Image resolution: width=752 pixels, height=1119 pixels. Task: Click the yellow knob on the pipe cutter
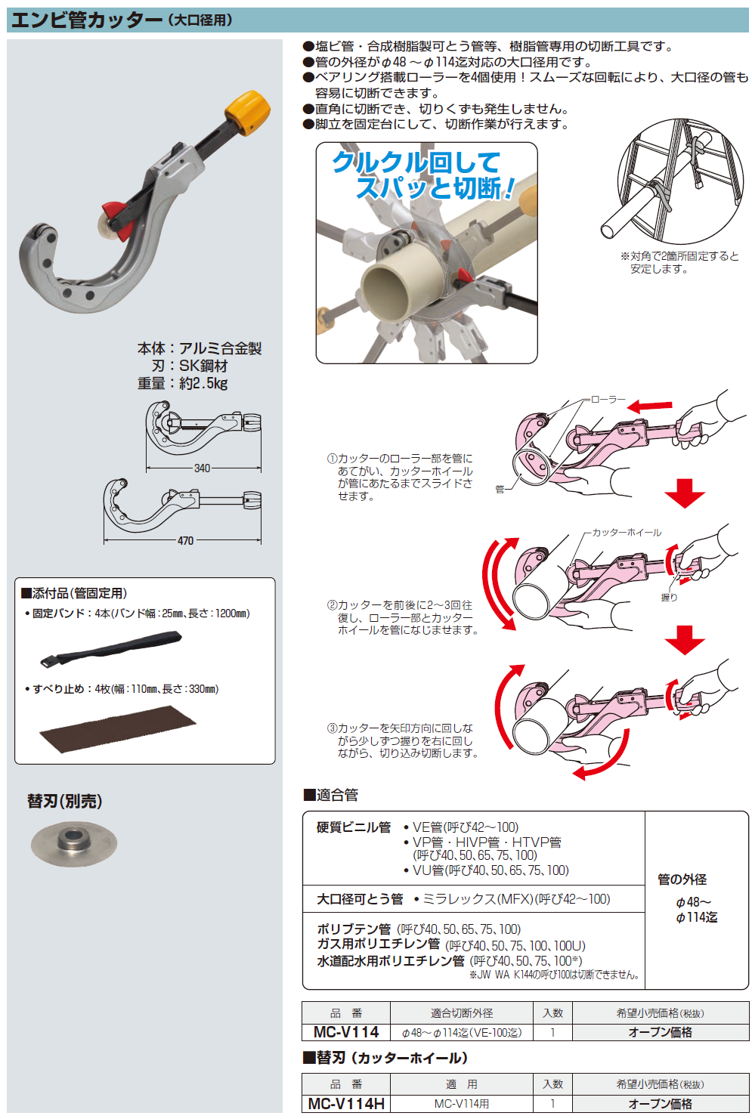point(247,112)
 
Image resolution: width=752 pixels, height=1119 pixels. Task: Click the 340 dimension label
point(202,468)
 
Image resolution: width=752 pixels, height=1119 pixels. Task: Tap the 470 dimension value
point(185,540)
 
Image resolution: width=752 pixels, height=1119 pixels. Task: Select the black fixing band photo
point(111,648)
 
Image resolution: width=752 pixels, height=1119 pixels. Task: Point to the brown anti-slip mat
point(118,729)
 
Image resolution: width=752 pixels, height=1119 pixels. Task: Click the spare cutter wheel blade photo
point(74,843)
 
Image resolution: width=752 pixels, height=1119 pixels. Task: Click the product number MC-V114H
point(346,1103)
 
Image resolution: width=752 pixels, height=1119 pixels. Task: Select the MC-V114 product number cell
point(346,1032)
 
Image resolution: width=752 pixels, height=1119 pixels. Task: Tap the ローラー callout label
point(608,399)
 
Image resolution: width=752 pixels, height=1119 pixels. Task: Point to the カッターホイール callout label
point(627,533)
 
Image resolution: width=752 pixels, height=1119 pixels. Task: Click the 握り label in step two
point(669,597)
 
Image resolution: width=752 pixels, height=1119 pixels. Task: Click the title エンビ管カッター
point(86,20)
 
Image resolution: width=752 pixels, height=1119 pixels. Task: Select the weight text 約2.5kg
point(203,383)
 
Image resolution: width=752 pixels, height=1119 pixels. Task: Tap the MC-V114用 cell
point(462,1103)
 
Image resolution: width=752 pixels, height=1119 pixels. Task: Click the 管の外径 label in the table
point(682,879)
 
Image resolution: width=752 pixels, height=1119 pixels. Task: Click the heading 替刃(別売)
point(64,802)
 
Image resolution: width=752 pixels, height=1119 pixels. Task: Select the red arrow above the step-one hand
point(649,406)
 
